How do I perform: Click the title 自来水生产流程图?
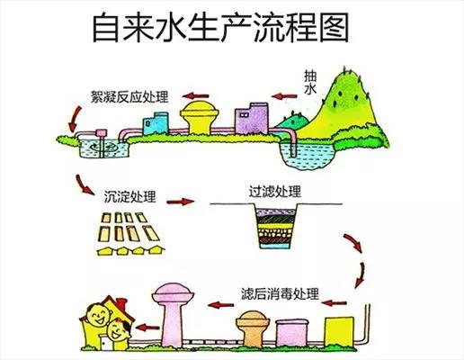(220, 27)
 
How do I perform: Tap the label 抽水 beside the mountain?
(310, 83)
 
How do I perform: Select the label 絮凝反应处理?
(129, 96)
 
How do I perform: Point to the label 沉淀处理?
(129, 196)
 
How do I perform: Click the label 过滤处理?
(275, 192)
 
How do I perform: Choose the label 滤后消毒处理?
(280, 294)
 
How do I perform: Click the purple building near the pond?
(252, 118)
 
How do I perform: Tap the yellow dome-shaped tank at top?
(200, 118)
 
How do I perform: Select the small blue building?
(156, 123)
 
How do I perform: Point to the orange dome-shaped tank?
(253, 328)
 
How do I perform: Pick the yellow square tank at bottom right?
(339, 331)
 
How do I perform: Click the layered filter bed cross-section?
(276, 227)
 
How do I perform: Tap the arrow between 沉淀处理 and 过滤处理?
(181, 202)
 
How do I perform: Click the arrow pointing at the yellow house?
(147, 327)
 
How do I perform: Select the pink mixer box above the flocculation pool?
(101, 133)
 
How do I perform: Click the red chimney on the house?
(121, 303)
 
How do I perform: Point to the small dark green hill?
(292, 121)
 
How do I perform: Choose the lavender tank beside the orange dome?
(291, 332)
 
